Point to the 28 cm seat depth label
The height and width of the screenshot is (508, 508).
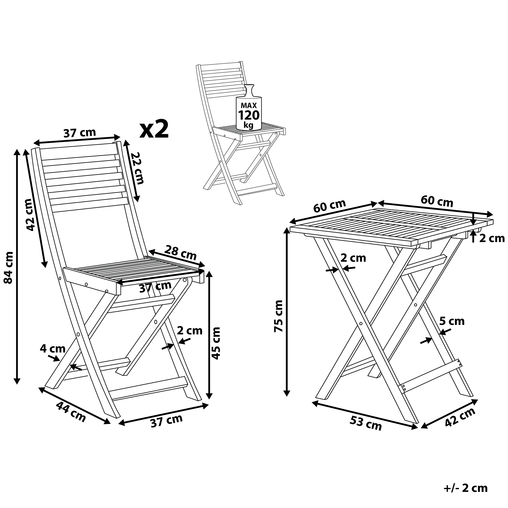pos(180,253)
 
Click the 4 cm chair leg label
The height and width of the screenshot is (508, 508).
pos(53,349)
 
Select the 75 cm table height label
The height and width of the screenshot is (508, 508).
pos(278,316)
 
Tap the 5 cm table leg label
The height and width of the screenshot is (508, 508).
pos(452,321)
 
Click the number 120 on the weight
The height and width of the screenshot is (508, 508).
pos(249,115)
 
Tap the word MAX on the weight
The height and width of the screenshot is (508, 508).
pos(249,105)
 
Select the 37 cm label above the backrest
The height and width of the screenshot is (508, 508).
pos(80,133)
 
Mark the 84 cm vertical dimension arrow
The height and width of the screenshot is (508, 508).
pos(17,267)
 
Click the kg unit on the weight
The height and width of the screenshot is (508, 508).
pos(248,125)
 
